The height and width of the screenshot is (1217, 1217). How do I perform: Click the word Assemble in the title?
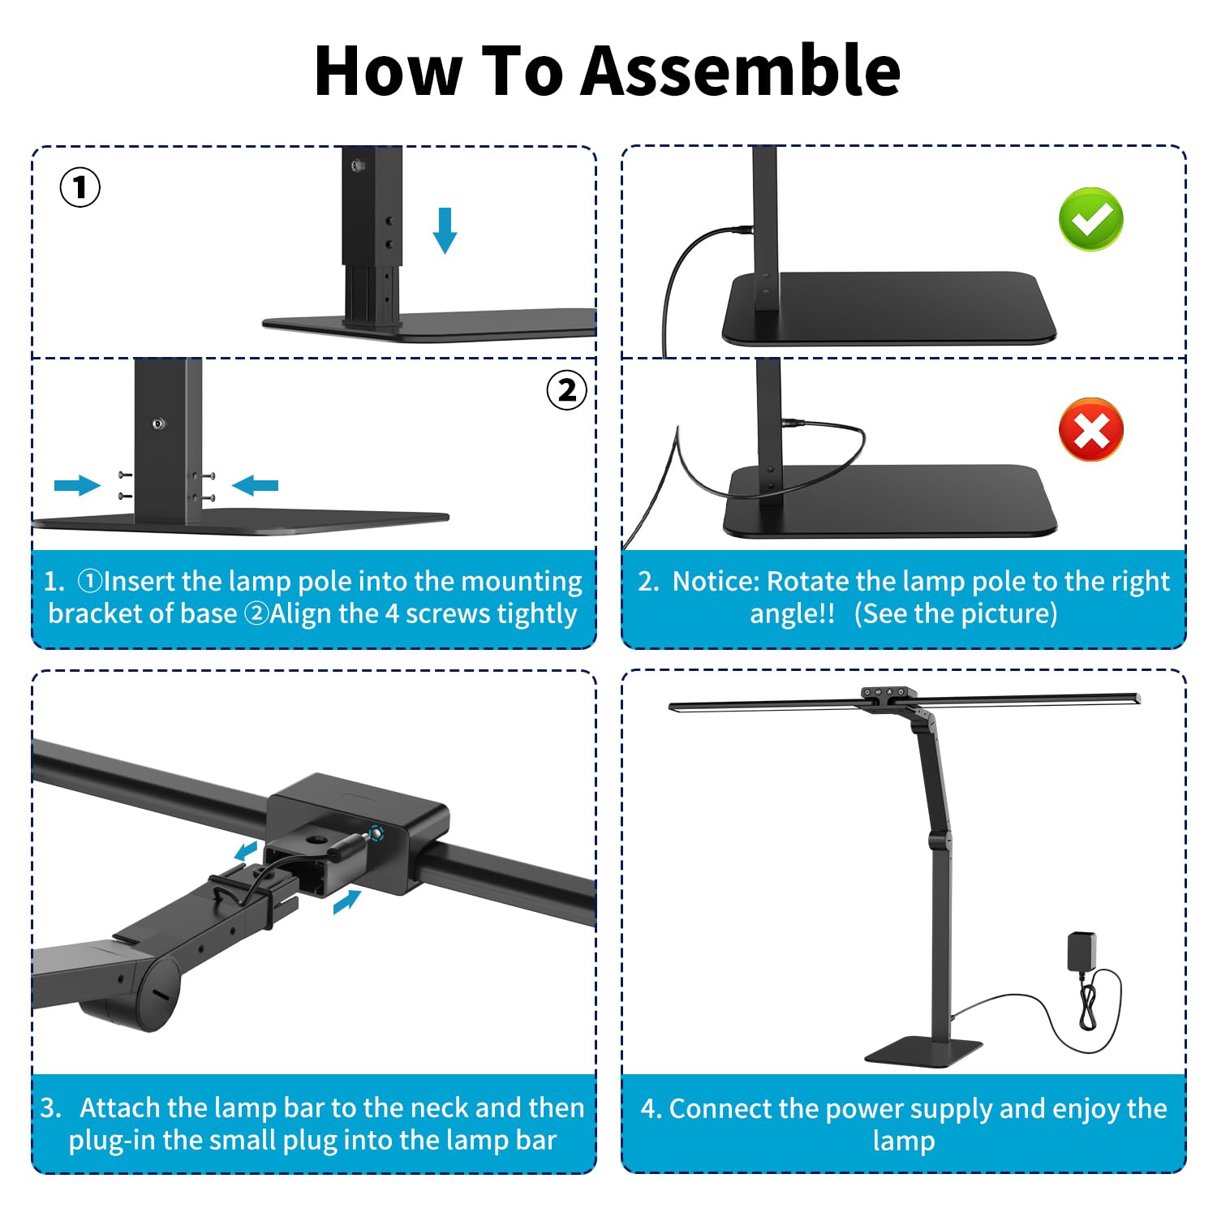pos(741,71)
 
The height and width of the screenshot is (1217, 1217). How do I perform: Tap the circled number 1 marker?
pos(80,187)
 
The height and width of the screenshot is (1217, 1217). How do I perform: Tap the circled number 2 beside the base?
pos(566,390)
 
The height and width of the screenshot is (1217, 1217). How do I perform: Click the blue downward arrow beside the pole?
pos(445,230)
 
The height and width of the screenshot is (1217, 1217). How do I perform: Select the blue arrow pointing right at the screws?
pos(77,485)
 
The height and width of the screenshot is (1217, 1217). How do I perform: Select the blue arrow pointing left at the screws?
pos(255,485)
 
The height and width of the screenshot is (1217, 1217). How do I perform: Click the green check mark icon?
pos(1091,219)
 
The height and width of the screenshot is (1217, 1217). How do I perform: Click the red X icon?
pos(1091,430)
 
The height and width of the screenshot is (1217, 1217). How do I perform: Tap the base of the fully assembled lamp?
pos(925,1051)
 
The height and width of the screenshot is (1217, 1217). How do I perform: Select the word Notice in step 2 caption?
pos(714,581)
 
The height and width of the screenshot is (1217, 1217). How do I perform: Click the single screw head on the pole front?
pos(158,424)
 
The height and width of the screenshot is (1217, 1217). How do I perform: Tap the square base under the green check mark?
pos(889,309)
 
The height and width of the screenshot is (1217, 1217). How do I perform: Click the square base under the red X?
pos(890,501)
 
